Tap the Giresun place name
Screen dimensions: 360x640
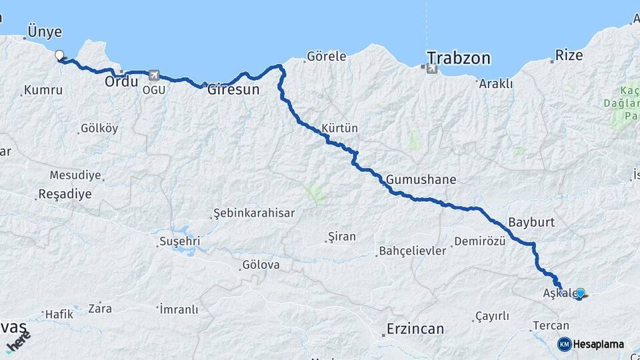(233, 89)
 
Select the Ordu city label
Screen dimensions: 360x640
(121, 81)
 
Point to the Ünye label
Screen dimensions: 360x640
(45, 31)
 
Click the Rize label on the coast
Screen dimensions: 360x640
(569, 55)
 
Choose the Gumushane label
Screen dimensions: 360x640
(421, 179)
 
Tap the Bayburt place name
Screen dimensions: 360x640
(531, 222)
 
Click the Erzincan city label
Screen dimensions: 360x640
(415, 329)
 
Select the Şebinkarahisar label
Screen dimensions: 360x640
(254, 213)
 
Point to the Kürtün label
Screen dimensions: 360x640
(340, 127)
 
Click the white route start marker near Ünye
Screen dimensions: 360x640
(59, 55)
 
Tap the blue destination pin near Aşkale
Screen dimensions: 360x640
(580, 293)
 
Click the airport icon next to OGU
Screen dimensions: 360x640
(154, 75)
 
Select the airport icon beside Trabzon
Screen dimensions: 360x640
(431, 68)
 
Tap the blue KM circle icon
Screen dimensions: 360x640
(564, 344)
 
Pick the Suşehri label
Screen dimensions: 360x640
(179, 241)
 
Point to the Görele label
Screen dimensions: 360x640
(327, 57)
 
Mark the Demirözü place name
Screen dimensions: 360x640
(479, 241)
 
